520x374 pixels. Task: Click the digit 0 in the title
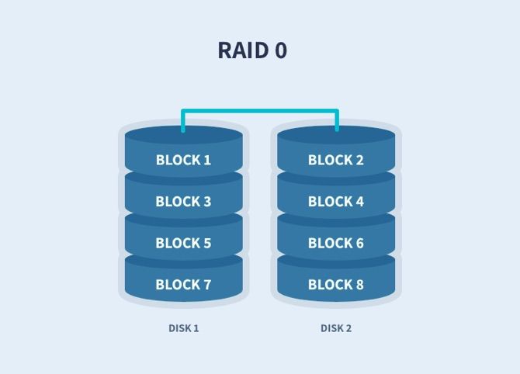pos(280,50)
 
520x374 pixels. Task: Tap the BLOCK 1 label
pos(183,161)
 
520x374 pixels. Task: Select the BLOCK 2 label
pos(335,161)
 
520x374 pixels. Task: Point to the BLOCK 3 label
pos(183,202)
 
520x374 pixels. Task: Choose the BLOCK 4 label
pos(335,202)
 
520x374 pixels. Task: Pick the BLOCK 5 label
pos(183,243)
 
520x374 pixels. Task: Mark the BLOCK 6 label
pos(335,243)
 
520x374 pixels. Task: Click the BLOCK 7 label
pos(183,285)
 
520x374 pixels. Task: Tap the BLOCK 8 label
pos(335,285)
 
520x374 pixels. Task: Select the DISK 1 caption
pos(184,328)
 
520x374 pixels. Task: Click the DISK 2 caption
pos(336,328)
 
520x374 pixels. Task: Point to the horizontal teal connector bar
pos(260,111)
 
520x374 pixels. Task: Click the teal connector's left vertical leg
pos(183,120)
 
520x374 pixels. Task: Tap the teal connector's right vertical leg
pos(337,120)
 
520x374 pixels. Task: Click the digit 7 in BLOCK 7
pos(207,285)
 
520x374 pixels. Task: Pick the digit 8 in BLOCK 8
pos(359,285)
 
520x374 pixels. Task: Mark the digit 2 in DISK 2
pos(348,328)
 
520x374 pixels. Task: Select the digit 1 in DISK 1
pos(196,328)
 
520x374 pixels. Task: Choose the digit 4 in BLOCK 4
pos(359,202)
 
